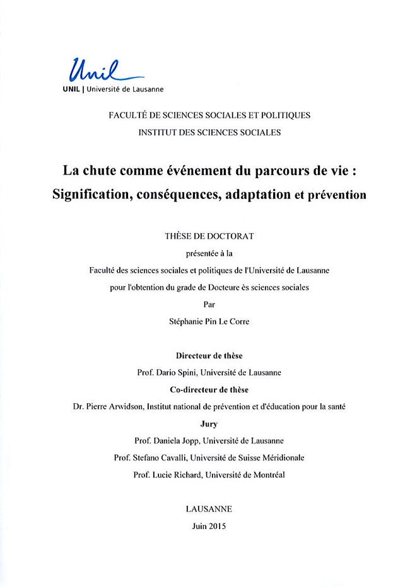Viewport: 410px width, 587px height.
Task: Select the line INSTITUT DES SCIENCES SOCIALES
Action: pyautogui.click(x=209, y=132)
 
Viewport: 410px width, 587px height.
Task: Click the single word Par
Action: pyautogui.click(x=209, y=305)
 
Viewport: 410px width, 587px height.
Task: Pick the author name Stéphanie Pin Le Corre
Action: pyautogui.click(x=209, y=322)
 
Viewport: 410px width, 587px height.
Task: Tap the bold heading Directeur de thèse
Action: pyautogui.click(x=209, y=356)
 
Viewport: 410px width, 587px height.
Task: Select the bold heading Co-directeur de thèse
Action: pyautogui.click(x=209, y=390)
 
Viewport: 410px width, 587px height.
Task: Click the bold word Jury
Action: pyautogui.click(x=209, y=424)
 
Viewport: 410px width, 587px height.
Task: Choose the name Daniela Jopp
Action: pyautogui.click(x=184, y=441)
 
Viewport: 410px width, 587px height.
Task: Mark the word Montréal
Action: pyautogui.click(x=268, y=475)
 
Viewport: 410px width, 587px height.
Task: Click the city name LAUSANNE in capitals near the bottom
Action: pyautogui.click(x=209, y=508)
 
